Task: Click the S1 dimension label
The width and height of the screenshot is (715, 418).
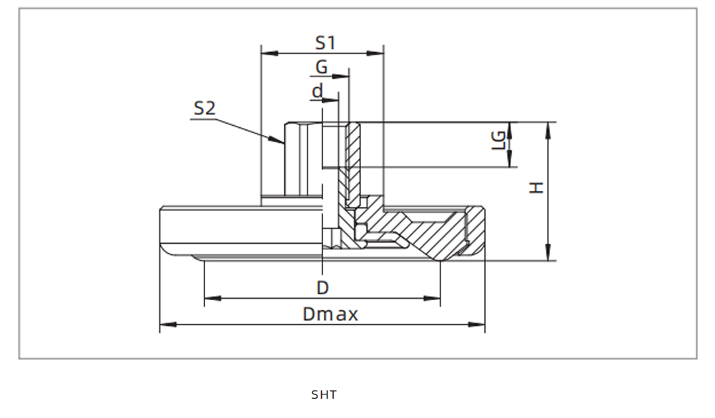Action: [x=325, y=42]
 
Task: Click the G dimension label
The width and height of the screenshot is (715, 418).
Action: [x=322, y=67]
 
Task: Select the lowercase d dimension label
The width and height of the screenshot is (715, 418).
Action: [x=317, y=91]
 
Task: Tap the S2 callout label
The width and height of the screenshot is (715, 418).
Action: [x=204, y=109]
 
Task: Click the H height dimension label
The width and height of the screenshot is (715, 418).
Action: [x=536, y=187]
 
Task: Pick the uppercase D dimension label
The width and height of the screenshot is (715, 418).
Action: [x=322, y=288]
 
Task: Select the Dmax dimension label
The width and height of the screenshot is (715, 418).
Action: [x=330, y=314]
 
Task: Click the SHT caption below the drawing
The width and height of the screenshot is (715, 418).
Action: [x=323, y=394]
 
